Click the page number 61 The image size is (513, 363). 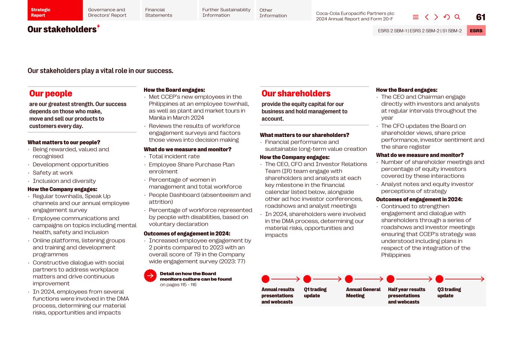[x=480, y=17]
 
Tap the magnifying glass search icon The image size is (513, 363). [x=457, y=17]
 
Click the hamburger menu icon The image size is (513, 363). [x=416, y=17]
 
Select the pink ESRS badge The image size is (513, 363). [x=476, y=31]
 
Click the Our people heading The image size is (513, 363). [x=51, y=94]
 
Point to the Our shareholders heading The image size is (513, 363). [x=296, y=94]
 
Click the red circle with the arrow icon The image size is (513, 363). [x=150, y=276]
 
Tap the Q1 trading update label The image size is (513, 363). [x=315, y=293]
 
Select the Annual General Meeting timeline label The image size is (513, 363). [x=363, y=293]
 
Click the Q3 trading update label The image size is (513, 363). [x=449, y=293]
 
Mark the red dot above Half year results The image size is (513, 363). [x=390, y=279]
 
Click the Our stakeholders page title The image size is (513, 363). [x=62, y=29]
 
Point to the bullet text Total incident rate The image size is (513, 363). [x=174, y=156]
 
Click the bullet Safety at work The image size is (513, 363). [x=53, y=173]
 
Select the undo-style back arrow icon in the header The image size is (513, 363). [x=446, y=17]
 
